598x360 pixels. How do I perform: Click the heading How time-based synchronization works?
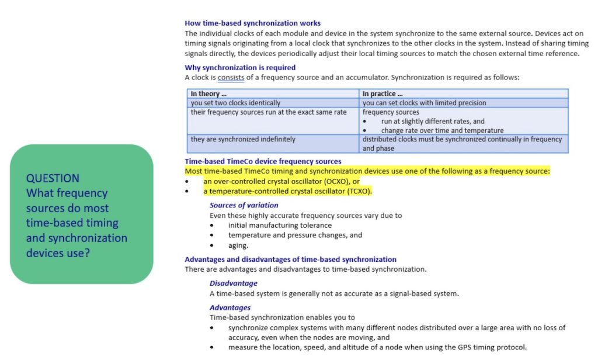click(252, 23)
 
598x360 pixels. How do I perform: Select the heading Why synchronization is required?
click(240, 68)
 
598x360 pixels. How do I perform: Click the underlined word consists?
click(231, 77)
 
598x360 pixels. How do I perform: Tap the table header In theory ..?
click(208, 94)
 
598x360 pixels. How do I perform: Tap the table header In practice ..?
click(383, 94)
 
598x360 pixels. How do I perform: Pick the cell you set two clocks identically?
click(235, 103)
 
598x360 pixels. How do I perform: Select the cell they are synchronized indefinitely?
click(243, 139)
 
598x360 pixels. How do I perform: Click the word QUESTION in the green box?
click(53, 178)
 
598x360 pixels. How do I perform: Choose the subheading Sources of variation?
click(244, 205)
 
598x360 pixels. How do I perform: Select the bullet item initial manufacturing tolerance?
click(280, 225)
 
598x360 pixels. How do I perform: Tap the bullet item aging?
click(238, 245)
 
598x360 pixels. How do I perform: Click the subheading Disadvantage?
click(233, 283)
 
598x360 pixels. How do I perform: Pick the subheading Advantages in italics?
click(230, 307)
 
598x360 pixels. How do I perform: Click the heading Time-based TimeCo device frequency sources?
click(263, 161)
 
